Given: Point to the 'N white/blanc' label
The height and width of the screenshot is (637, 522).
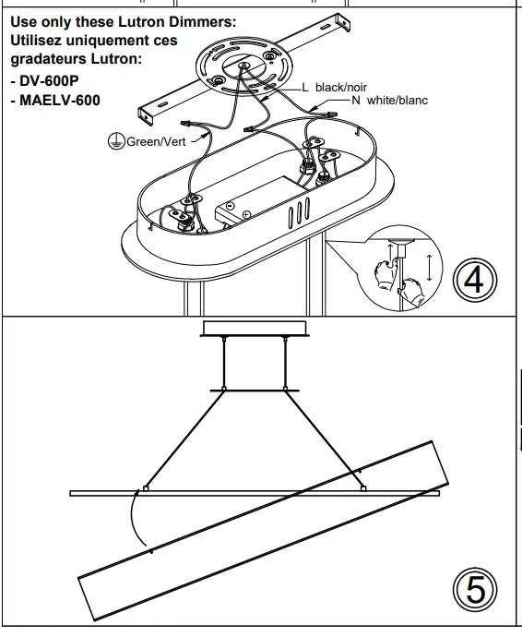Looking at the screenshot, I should click(391, 99).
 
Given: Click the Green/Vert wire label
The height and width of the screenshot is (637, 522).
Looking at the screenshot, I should click(156, 141).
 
